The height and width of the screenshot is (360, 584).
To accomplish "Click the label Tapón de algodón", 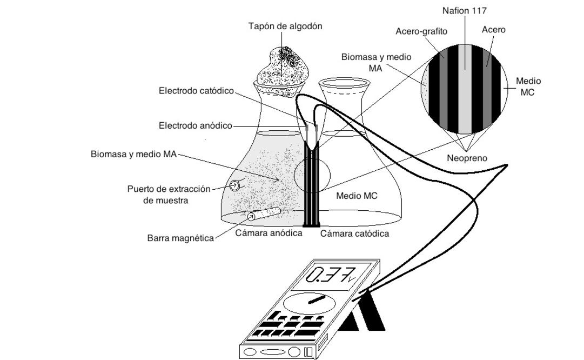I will (x=285, y=26).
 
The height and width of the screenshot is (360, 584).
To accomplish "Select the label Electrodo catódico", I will (x=196, y=91).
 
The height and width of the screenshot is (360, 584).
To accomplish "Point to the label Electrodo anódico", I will (x=195, y=125).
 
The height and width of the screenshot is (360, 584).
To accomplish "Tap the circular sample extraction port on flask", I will (x=235, y=186).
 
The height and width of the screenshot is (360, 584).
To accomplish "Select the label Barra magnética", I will (x=180, y=238).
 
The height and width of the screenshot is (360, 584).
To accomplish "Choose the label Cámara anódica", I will (x=268, y=233).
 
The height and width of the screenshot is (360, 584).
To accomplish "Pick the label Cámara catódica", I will (x=354, y=234).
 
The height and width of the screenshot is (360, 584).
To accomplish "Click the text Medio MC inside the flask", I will (x=357, y=196).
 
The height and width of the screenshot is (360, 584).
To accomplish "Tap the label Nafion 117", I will (x=466, y=10).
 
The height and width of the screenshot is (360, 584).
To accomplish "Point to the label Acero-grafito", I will (x=421, y=31).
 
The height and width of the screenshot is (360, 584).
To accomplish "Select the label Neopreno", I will (x=467, y=158).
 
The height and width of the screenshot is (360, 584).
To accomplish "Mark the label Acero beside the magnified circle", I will (x=494, y=30).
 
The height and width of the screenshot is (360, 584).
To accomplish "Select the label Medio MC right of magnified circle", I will (x=528, y=86).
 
